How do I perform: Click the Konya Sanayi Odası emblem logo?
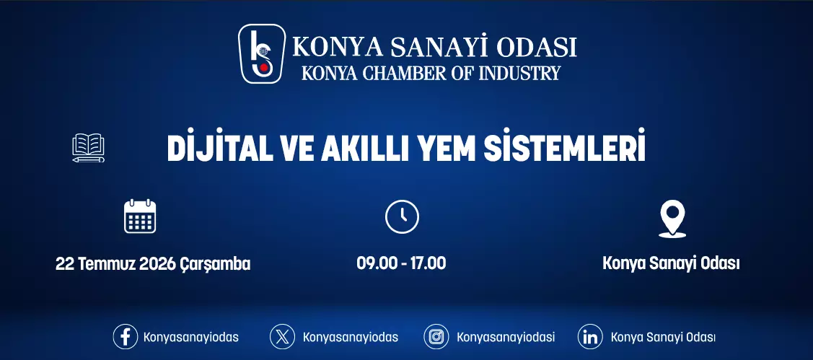pos(262,53)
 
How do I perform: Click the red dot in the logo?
pos(264,67)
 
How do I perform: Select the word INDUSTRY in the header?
pos(519,73)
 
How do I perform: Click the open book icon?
pos(88,148)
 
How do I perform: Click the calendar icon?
pos(140,216)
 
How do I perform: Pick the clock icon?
pos(402,216)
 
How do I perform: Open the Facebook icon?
pos(125,337)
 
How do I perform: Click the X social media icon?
pos(282,337)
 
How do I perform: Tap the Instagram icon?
pos(436,337)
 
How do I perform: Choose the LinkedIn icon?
pos(590,337)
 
